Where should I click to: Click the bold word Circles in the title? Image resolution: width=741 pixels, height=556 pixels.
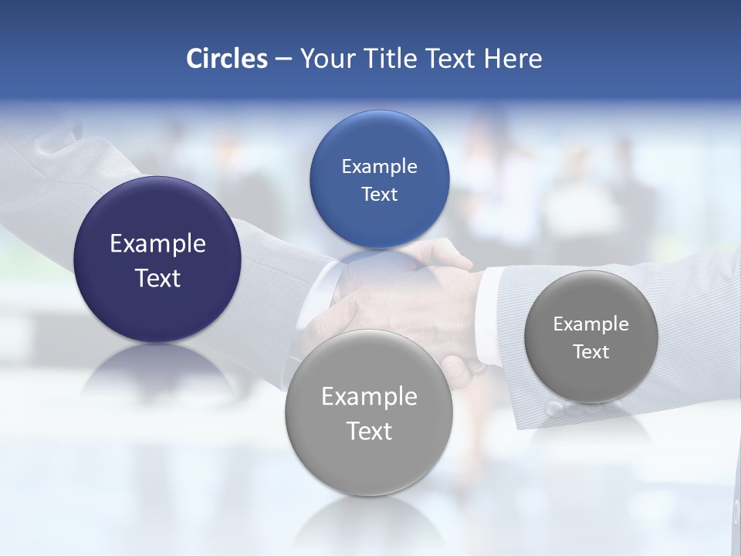(x=227, y=59)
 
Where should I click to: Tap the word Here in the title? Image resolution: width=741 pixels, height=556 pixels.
(x=513, y=59)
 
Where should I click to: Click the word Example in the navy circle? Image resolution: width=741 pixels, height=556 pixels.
(x=157, y=244)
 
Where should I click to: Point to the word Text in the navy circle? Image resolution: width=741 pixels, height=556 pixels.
(x=157, y=278)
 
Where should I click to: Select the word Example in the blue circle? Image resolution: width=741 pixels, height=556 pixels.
(x=379, y=167)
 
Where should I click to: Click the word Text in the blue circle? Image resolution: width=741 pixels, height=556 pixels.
(x=379, y=195)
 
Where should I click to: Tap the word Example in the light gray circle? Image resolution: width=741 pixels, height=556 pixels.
(x=369, y=397)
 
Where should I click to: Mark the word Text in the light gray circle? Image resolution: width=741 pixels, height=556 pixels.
(x=369, y=431)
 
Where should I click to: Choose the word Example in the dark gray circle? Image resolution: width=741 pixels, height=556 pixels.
(x=590, y=324)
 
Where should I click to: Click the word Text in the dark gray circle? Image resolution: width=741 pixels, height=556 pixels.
(x=590, y=352)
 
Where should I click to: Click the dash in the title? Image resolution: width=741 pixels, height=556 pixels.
(x=283, y=59)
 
